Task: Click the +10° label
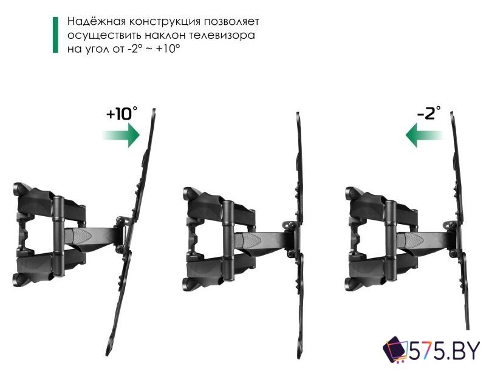point(122,114)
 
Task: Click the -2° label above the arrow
point(429,114)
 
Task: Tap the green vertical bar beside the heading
point(56,36)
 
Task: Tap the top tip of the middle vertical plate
point(298,114)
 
